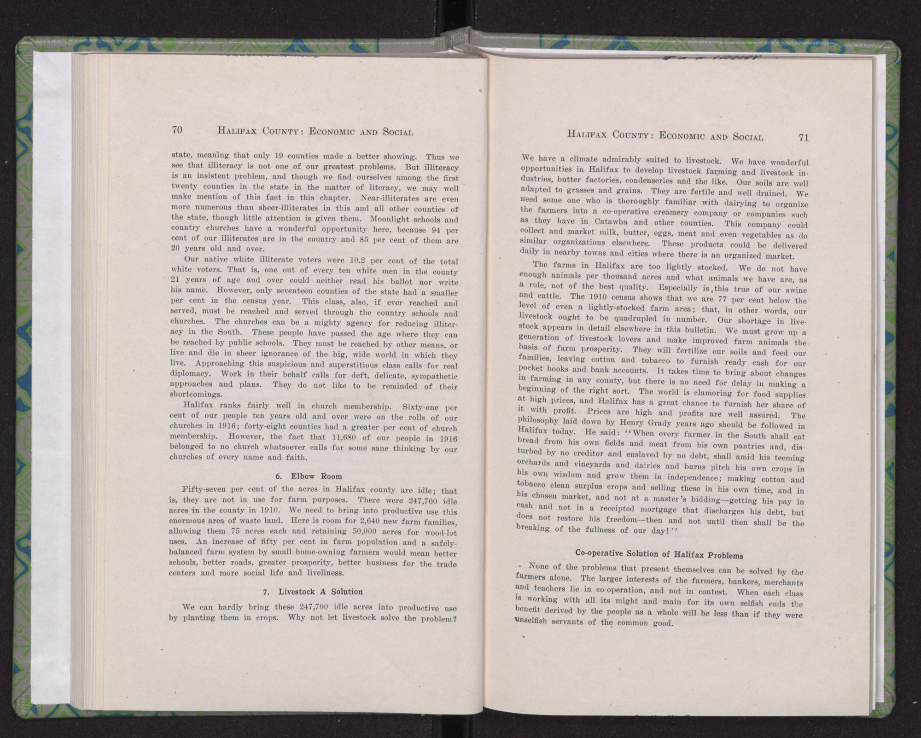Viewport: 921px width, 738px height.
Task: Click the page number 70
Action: click(177, 130)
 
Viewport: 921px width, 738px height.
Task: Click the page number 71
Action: click(804, 137)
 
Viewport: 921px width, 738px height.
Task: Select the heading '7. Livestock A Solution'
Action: click(314, 592)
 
